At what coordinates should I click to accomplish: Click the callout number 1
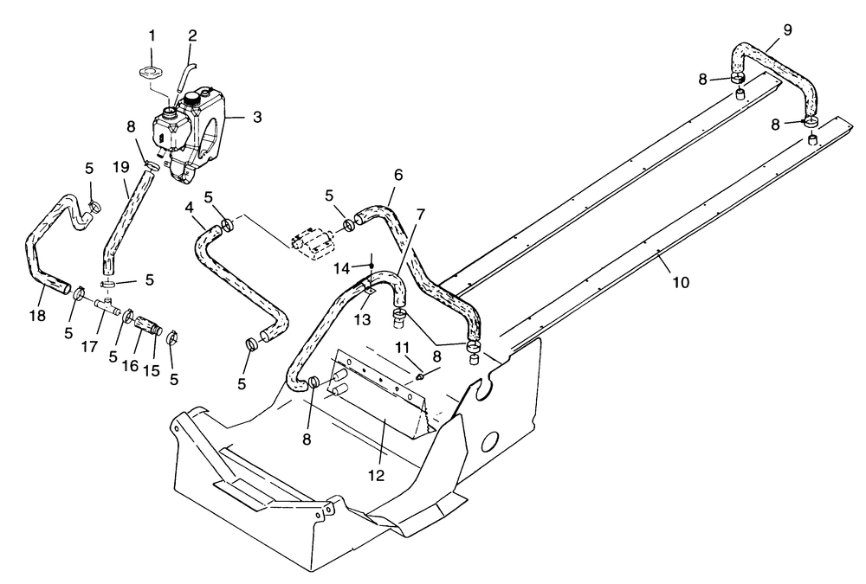pos(152,36)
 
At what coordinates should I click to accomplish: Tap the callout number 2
pos(192,36)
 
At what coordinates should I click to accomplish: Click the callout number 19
pos(120,166)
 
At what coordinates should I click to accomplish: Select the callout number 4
pos(190,209)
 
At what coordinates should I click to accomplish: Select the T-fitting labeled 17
pos(108,306)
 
